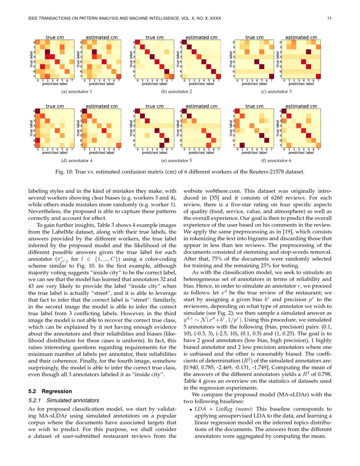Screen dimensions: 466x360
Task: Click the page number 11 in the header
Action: (x=329, y=19)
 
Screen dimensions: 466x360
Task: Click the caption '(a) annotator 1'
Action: (x=77, y=92)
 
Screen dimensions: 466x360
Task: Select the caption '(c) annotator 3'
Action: (x=277, y=92)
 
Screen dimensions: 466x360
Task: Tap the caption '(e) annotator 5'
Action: (x=177, y=161)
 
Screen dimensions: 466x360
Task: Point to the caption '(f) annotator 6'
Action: (x=277, y=161)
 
